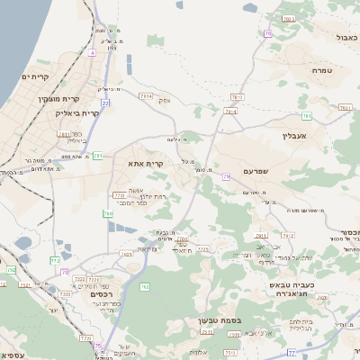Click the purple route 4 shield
(x=91, y=52)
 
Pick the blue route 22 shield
(x=105, y=103)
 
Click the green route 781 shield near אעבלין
(x=307, y=116)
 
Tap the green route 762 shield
(x=145, y=286)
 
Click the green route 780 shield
(x=107, y=213)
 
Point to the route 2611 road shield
(x=65, y=134)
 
